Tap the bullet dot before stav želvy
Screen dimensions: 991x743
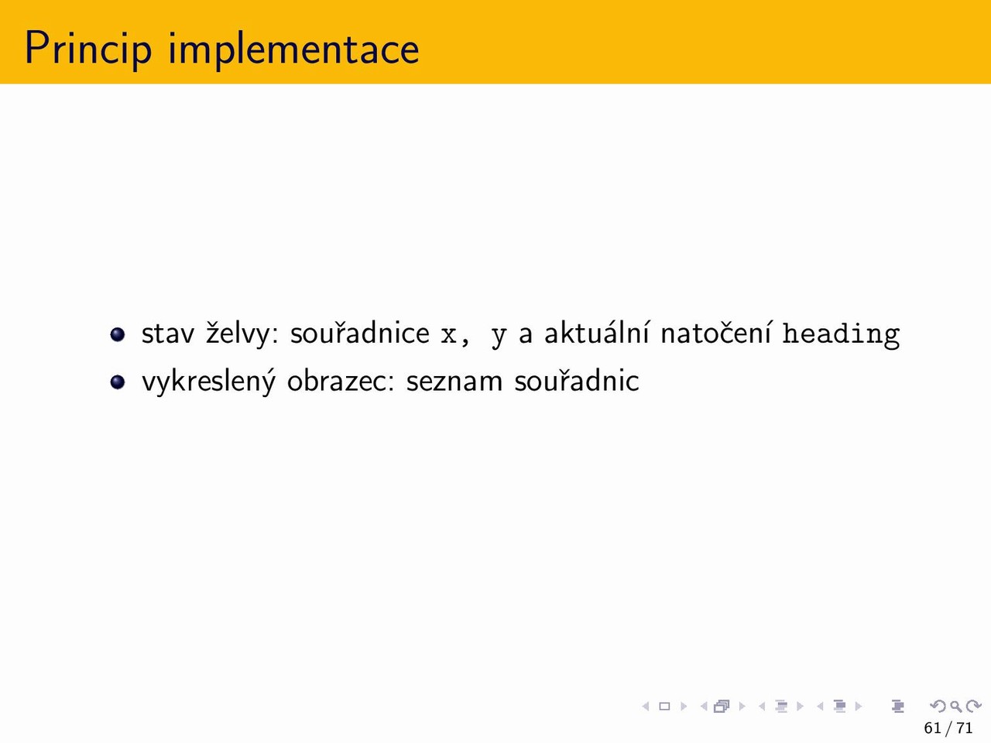pyautogui.click(x=118, y=334)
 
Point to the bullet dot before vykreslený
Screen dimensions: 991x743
pyautogui.click(x=118, y=382)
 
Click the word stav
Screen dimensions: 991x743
pyautogui.click(x=168, y=334)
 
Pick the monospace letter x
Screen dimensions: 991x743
pyautogui.click(x=448, y=335)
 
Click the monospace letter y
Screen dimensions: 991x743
pyautogui.click(x=499, y=338)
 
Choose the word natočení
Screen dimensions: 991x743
pyautogui.click(x=716, y=333)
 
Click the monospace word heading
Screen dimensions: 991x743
pyautogui.click(x=841, y=334)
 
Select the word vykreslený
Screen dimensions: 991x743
pyautogui.click(x=208, y=382)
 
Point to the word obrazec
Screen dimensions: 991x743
pyautogui.click(x=341, y=380)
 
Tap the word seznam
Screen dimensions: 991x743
pyautogui.click(x=454, y=382)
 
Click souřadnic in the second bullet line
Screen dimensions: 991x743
pyautogui.click(x=577, y=380)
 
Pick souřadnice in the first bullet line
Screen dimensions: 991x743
pyautogui.click(x=360, y=333)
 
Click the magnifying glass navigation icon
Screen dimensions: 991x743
pyautogui.click(x=956, y=706)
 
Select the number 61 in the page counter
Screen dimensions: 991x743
pyautogui.click(x=933, y=728)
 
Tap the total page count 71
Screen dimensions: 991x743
pyautogui.click(x=964, y=728)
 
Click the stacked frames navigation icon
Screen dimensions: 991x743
pyautogui.click(x=722, y=706)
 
